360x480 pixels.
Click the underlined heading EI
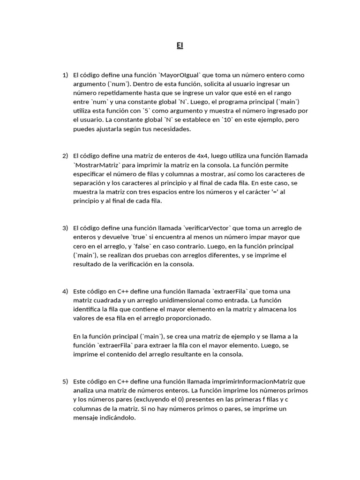point(180,45)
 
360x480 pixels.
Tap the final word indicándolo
point(116,418)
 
